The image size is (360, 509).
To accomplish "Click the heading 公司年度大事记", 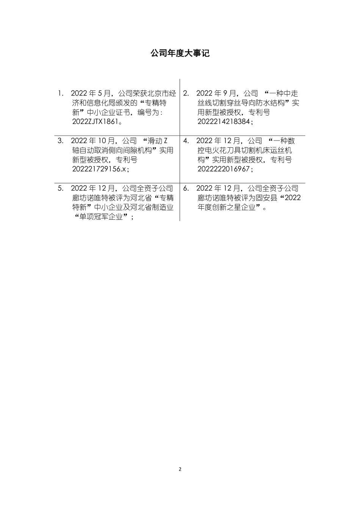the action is pos(180,53).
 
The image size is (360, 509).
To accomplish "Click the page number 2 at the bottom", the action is pos(180,469).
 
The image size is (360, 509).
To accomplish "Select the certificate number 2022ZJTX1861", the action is pos(96,122).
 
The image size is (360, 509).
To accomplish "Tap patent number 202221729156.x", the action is pos(99,169).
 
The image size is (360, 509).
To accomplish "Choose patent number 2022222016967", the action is pos(224,169).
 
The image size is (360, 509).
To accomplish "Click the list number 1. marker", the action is pos(61,93).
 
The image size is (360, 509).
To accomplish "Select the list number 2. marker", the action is pos(186,93).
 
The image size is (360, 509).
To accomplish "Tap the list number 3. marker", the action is pos(61,141).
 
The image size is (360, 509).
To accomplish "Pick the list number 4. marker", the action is pos(186,141).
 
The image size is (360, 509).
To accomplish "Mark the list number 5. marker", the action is pos(61,188).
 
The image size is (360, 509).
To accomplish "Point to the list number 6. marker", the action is pos(186,188).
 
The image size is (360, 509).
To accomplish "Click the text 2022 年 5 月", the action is pos(92,93).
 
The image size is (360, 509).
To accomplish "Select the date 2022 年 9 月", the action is pos(217,93).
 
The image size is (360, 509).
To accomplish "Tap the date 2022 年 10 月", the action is pos(94,141).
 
